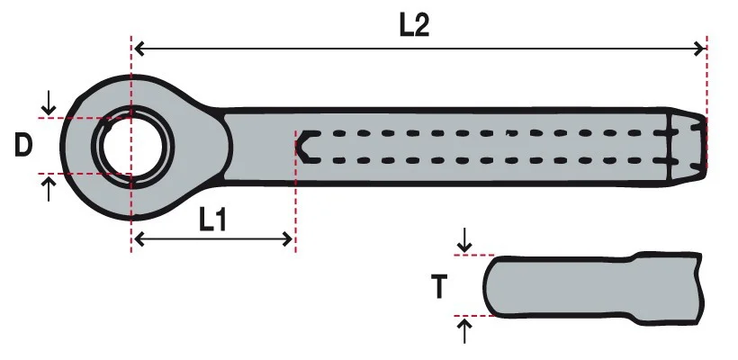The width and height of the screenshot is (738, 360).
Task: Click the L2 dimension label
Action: (x=415, y=25)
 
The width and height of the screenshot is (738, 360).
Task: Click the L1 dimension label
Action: (x=212, y=220)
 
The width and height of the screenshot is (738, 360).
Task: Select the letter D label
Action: (x=23, y=146)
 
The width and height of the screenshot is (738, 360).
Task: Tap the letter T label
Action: (x=439, y=287)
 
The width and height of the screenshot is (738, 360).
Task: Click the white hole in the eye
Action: (x=132, y=147)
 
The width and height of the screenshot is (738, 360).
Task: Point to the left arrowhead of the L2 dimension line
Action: (x=139, y=48)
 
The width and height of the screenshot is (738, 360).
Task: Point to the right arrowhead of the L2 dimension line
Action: (x=699, y=48)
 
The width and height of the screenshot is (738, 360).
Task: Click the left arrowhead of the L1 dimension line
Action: (x=139, y=239)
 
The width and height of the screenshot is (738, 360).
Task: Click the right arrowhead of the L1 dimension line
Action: (x=286, y=239)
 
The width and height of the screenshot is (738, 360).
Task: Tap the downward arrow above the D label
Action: (x=49, y=103)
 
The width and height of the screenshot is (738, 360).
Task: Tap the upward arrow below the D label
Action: (x=49, y=189)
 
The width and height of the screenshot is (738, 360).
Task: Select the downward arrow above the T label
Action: (x=464, y=240)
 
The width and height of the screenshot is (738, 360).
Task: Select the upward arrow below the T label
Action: (x=464, y=331)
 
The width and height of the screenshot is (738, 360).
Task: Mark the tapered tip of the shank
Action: (x=688, y=147)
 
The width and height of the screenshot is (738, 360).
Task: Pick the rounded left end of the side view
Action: (x=490, y=286)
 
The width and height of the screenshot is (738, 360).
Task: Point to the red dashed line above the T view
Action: (x=474, y=255)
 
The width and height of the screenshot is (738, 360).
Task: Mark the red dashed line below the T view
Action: (x=474, y=316)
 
